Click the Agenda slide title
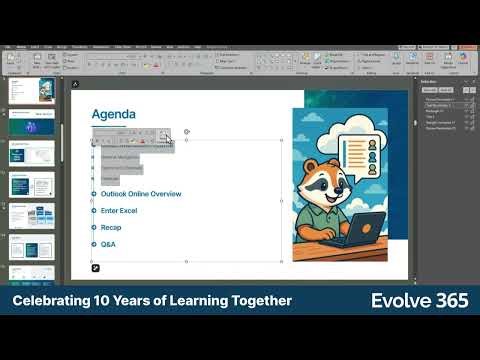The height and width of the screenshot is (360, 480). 113,114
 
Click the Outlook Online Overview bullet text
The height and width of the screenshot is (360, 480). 140,193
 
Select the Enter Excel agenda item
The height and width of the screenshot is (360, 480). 118,210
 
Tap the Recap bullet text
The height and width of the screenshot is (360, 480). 110,227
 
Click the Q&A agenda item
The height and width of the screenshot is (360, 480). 108,244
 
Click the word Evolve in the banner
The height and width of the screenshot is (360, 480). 401,300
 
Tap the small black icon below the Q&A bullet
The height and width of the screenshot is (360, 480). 96,268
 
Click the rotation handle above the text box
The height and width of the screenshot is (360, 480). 186,131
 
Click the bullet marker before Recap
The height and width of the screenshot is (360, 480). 93,227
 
